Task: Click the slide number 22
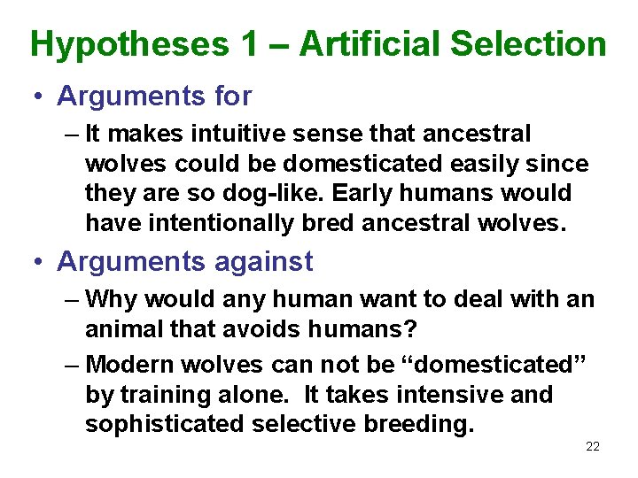593,446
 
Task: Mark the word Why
110,299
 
